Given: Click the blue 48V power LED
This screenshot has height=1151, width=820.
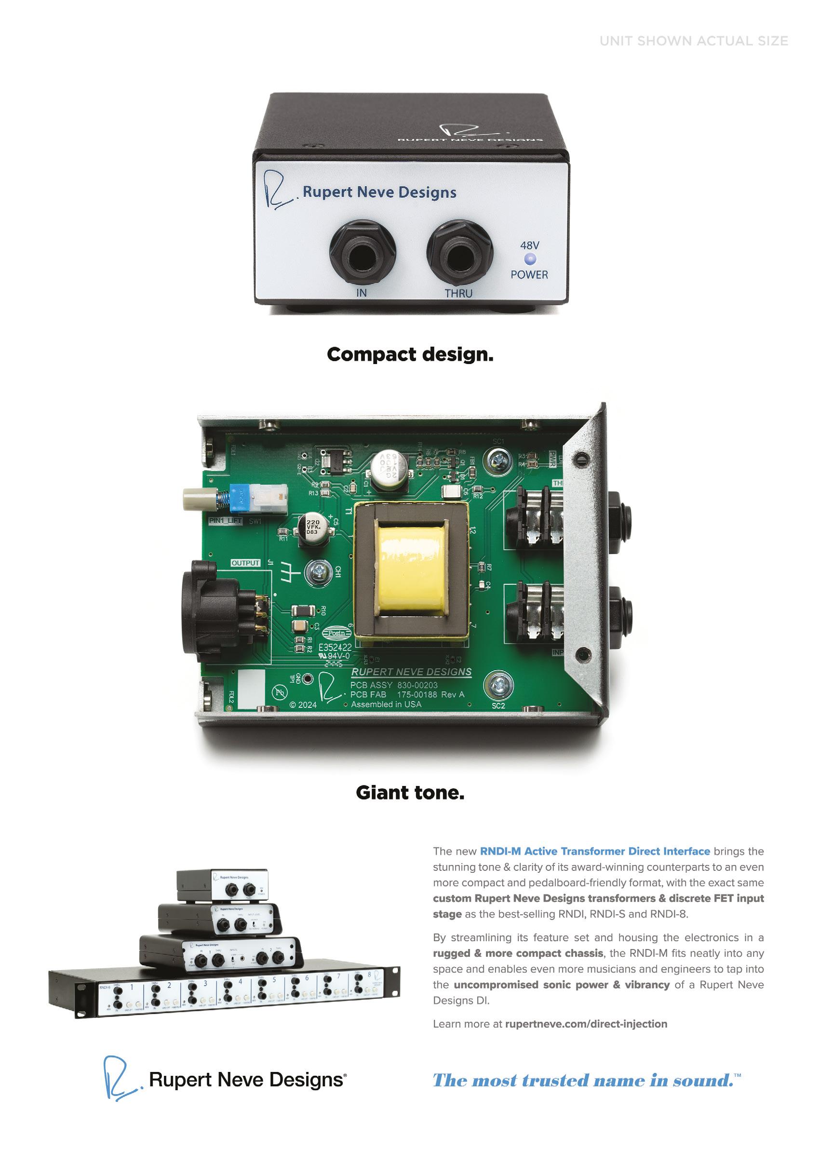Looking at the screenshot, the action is click(x=530, y=259).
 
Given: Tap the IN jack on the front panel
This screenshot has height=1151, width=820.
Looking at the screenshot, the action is click(x=362, y=253).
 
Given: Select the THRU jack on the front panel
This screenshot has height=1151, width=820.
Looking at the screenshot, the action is click(x=459, y=253).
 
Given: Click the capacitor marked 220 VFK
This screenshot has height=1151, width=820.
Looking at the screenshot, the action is click(x=313, y=528).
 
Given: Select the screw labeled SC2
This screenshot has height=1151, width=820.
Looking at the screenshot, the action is click(x=499, y=685).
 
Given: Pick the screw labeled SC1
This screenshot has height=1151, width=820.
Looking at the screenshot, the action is click(x=497, y=460).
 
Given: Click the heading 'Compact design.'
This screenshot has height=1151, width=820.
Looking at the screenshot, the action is click(x=410, y=354).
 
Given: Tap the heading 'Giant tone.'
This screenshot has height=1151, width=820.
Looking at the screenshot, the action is click(x=410, y=792).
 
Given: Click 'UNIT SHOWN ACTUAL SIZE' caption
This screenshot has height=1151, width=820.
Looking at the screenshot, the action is click(x=693, y=41).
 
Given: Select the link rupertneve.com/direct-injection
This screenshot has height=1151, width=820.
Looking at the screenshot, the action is click(x=586, y=1024).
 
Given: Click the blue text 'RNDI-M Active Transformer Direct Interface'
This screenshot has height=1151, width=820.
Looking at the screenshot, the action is click(x=594, y=851).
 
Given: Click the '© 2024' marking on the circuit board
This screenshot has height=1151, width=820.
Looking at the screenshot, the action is click(x=303, y=704).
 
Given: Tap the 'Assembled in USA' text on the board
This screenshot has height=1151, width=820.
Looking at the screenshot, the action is click(x=386, y=704).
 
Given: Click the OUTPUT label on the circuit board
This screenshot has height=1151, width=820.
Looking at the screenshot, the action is click(x=245, y=563).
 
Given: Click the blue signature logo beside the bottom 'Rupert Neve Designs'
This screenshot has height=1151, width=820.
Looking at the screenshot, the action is click(x=120, y=1078).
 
